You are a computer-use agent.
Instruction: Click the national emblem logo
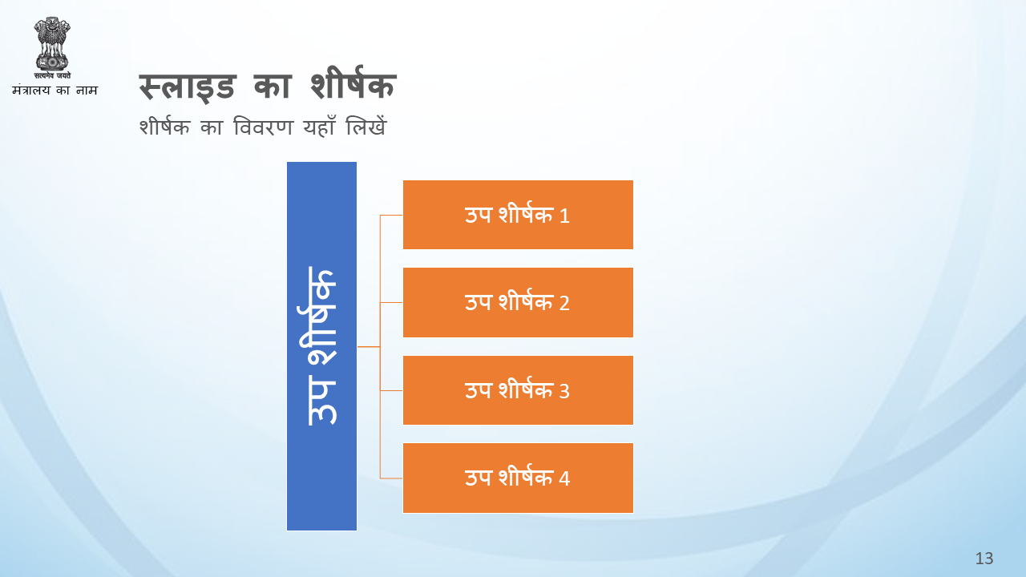click(x=52, y=47)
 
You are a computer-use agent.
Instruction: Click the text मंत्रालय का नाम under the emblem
click(x=55, y=90)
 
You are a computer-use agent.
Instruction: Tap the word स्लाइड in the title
click(x=188, y=86)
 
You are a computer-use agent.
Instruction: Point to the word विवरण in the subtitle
click(x=263, y=127)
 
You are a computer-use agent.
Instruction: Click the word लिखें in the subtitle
click(x=366, y=126)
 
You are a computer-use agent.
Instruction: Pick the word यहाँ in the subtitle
click(x=319, y=126)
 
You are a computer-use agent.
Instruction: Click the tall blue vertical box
click(x=321, y=346)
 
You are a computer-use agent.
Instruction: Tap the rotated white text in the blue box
click(x=321, y=346)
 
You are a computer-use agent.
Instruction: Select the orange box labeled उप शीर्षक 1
click(x=518, y=215)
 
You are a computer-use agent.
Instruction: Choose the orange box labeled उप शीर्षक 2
click(x=518, y=302)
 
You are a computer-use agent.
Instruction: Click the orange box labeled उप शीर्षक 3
click(x=518, y=390)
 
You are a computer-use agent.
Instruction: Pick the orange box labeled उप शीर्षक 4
click(x=518, y=478)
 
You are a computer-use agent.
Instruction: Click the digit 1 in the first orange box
click(x=564, y=216)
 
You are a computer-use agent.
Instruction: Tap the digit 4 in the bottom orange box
click(x=564, y=479)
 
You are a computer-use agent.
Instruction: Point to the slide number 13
click(x=984, y=559)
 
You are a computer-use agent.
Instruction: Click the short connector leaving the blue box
click(x=369, y=347)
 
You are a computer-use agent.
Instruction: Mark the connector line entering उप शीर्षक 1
click(x=392, y=215)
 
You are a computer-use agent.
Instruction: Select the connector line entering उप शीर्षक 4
click(x=392, y=478)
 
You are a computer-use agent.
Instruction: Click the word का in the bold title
click(x=273, y=86)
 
